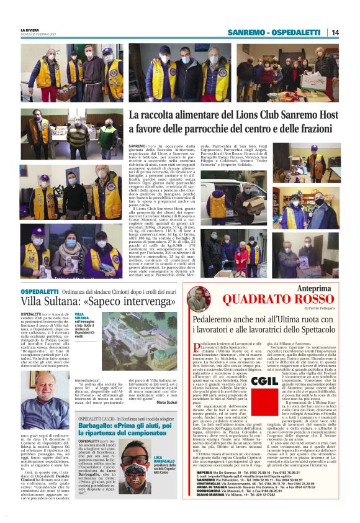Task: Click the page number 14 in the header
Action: pyautogui.click(x=335, y=32)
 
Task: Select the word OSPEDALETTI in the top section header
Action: pyautogui.click(x=297, y=32)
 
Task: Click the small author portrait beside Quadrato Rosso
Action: pyautogui.click(x=204, y=298)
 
